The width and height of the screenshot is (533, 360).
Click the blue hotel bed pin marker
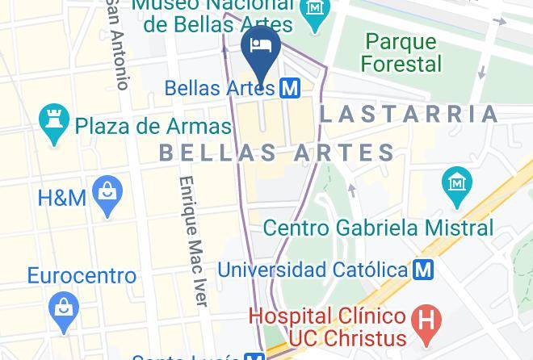pos(260,45)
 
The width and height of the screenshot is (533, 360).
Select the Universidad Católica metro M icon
pos(422,269)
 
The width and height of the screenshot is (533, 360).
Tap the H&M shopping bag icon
pos(107,195)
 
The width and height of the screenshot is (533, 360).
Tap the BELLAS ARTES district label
pos(277,152)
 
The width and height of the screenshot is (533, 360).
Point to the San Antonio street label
pos(118,44)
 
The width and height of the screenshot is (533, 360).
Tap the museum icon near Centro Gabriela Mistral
pos(457,183)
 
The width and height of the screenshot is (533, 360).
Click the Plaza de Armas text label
pos(153,126)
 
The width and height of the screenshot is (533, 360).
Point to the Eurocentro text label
pos(82,276)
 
